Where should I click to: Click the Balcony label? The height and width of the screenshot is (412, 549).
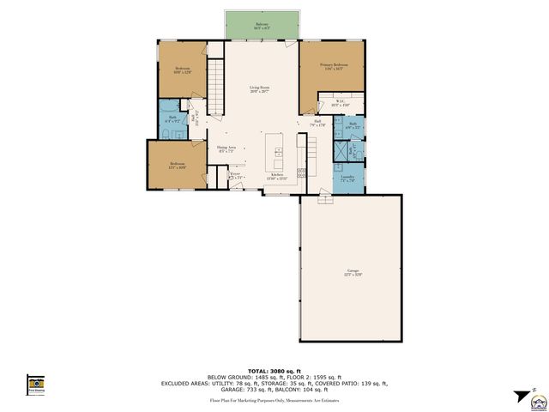click(x=261, y=27)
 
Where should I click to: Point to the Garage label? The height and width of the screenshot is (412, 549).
click(x=353, y=272)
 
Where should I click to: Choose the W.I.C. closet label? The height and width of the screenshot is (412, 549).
click(x=340, y=103)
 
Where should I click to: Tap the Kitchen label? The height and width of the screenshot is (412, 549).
click(x=277, y=176)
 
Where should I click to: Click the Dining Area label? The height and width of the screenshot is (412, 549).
click(x=227, y=148)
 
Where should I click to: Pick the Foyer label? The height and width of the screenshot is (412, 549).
click(x=235, y=175)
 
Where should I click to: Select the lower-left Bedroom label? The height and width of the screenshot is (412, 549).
click(x=177, y=165)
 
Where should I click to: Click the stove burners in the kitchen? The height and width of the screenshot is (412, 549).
click(x=302, y=174)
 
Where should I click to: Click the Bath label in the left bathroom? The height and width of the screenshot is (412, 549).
click(x=172, y=119)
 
